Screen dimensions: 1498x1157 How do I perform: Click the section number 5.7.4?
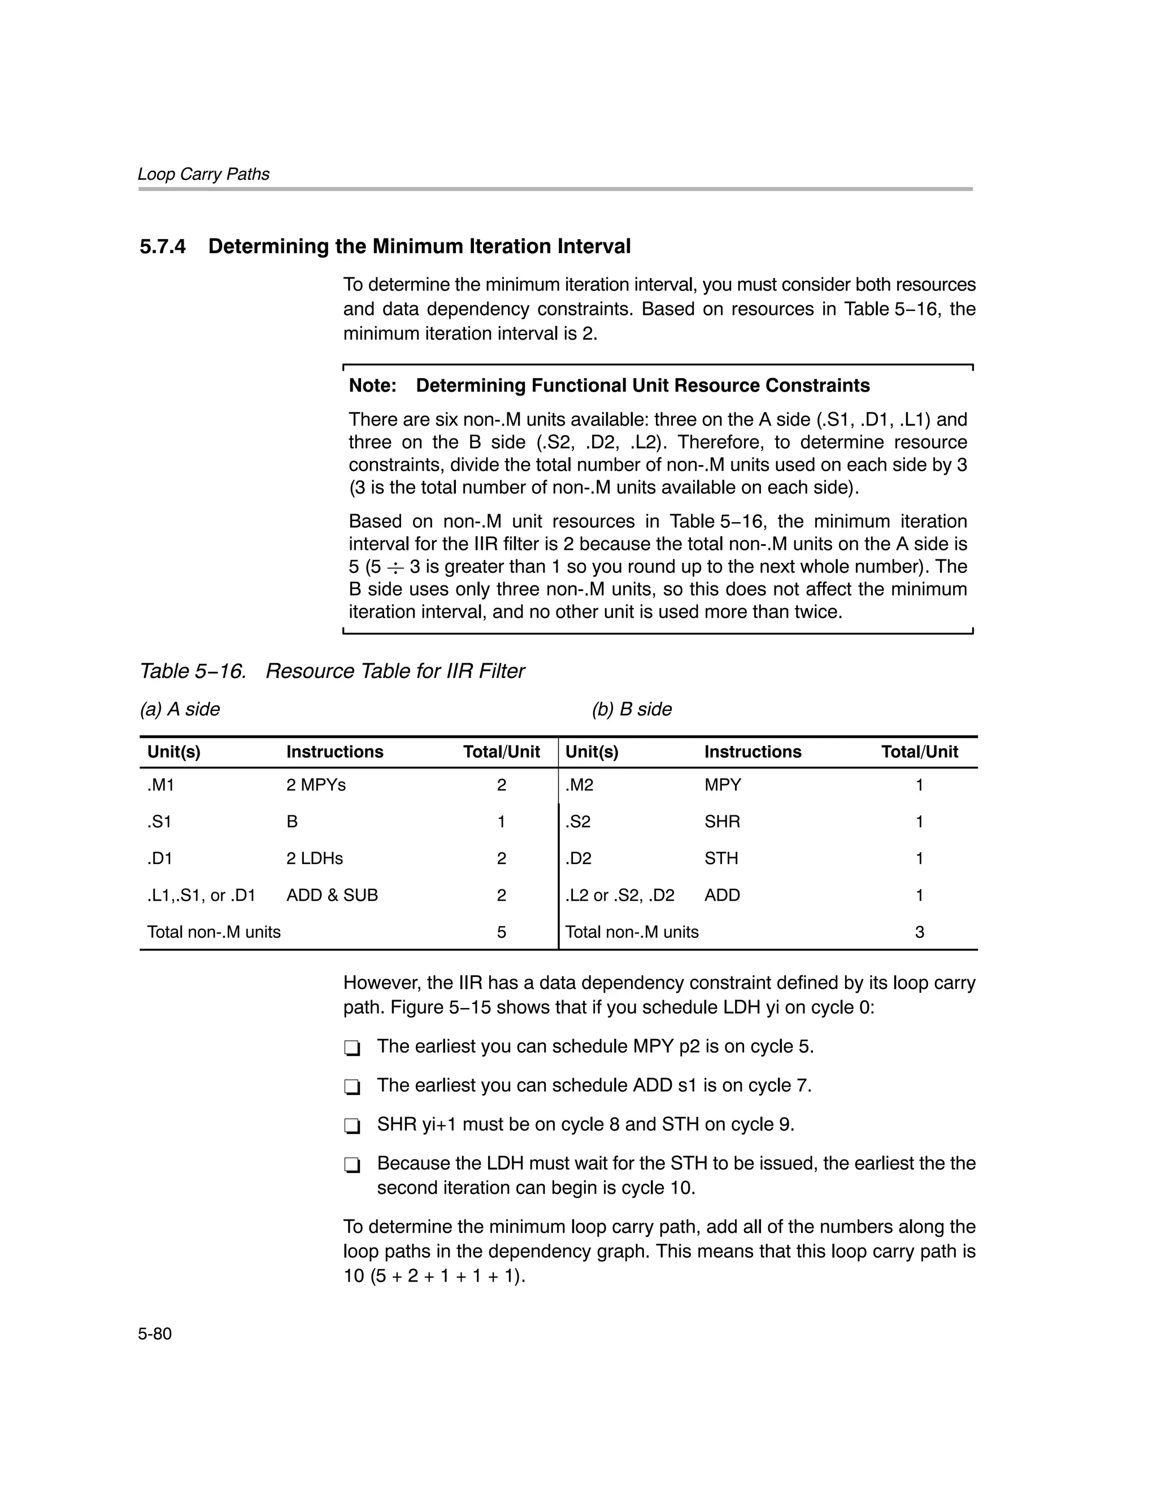click(163, 247)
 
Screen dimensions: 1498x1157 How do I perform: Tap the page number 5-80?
click(155, 1334)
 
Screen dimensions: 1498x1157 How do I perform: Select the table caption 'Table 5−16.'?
click(193, 671)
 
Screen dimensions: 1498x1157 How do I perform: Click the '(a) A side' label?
click(180, 709)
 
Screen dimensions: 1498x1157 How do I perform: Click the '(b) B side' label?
click(632, 709)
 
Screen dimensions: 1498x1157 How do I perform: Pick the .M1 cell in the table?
click(160, 785)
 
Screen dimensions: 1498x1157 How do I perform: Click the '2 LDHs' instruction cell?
click(314, 858)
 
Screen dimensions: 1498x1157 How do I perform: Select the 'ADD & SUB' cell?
click(332, 895)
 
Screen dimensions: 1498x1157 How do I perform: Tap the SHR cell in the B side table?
click(721, 822)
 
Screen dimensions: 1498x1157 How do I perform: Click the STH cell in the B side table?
click(721, 858)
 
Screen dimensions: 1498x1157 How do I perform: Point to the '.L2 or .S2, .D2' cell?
click(619, 895)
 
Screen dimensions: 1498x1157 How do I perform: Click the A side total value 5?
click(501, 932)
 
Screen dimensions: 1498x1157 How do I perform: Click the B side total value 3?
click(919, 932)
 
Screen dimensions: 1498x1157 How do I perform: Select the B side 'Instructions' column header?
click(753, 752)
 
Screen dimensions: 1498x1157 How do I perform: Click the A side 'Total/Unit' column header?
click(501, 752)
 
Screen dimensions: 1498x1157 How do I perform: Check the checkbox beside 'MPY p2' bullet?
click(352, 1049)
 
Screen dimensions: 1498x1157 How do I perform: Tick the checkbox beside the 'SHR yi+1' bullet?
click(352, 1126)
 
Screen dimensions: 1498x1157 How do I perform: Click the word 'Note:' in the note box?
click(372, 385)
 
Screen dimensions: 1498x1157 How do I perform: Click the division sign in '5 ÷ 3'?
click(395, 567)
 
